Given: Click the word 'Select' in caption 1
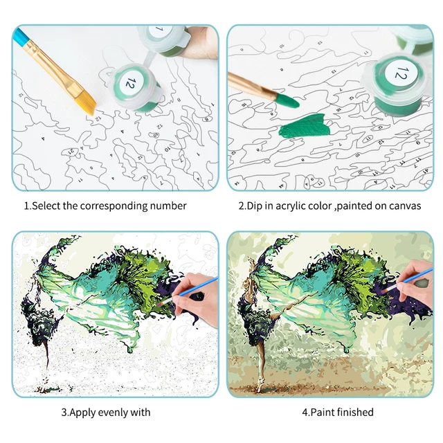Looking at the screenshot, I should pos(48,206).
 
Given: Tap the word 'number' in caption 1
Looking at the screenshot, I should pos(168,206).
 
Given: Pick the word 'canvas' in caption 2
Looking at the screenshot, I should pos(404,206).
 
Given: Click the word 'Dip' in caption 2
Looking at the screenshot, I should pos(257,206).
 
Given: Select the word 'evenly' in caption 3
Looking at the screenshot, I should pos(112,413).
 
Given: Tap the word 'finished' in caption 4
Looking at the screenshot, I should pos(352,413).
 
